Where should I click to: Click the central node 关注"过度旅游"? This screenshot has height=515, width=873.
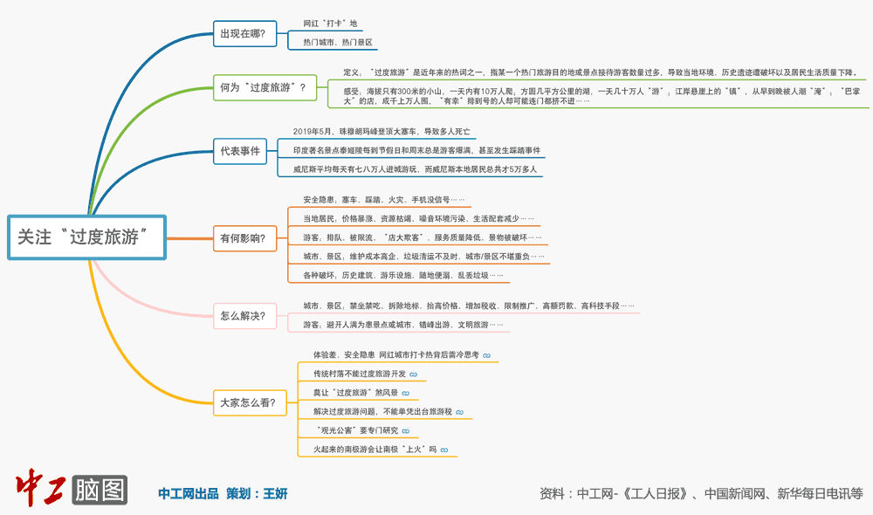[x=86, y=237]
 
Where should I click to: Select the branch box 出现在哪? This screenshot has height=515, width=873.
[x=243, y=34]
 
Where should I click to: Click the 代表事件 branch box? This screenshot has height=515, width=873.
[x=240, y=151]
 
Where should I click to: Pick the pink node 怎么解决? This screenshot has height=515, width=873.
[x=243, y=316]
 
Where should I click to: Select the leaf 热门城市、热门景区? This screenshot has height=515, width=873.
[x=338, y=42]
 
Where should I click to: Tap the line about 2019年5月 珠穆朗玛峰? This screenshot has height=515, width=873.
[x=382, y=132]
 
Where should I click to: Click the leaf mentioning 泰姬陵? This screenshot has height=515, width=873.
[x=416, y=151]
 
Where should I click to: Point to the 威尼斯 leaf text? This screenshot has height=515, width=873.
[x=415, y=169]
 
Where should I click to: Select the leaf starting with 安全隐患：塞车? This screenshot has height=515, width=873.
[x=384, y=200]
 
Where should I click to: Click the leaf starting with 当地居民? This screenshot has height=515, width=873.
[x=418, y=218]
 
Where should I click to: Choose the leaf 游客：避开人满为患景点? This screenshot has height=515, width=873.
[x=402, y=325]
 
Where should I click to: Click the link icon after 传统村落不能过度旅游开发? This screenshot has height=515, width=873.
[x=413, y=374]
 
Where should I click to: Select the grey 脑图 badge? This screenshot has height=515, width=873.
[x=100, y=490]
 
